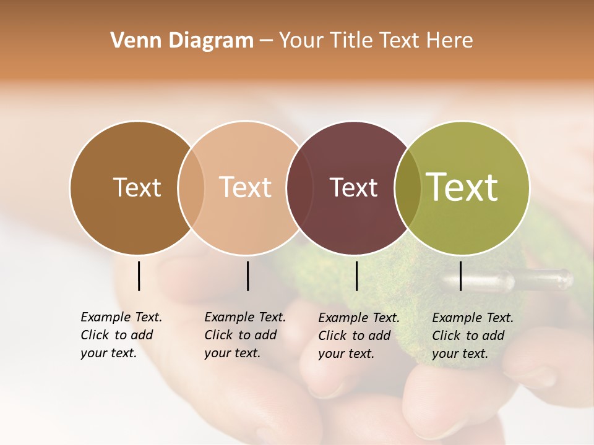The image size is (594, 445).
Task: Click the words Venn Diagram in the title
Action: (x=182, y=41)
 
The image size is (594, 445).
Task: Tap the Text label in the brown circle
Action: (x=137, y=187)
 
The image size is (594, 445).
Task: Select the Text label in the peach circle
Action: (x=246, y=187)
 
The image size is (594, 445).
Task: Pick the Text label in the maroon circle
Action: (x=353, y=187)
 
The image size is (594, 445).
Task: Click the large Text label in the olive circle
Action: (x=462, y=187)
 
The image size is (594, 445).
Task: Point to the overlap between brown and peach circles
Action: (x=191, y=188)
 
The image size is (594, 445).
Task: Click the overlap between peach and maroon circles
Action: (x=299, y=188)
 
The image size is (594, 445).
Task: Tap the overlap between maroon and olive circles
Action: (x=408, y=188)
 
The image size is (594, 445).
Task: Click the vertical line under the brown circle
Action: (x=139, y=276)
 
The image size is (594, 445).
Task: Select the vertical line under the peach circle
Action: (x=247, y=276)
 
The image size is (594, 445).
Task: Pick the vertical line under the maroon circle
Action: (x=356, y=276)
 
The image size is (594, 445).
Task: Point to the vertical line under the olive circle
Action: (x=460, y=276)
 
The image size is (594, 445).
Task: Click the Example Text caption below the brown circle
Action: (x=121, y=335)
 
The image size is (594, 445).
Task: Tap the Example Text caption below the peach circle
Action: (x=245, y=335)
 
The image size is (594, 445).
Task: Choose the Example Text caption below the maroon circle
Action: (x=359, y=336)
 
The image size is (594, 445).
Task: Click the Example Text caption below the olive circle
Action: (x=473, y=336)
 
